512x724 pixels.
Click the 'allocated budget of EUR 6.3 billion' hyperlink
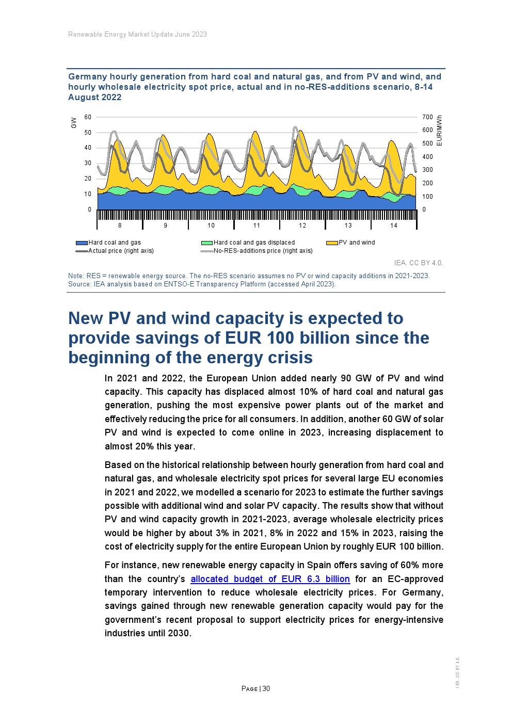tap(270, 579)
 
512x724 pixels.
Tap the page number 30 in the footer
tap(266, 688)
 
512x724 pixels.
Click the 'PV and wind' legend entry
tap(357, 243)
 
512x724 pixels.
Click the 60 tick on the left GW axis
tap(88, 117)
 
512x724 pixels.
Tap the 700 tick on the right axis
tap(427, 117)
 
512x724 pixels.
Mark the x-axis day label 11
tap(257, 226)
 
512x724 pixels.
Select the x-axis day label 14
tap(394, 226)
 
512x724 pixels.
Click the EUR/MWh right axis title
tap(439, 130)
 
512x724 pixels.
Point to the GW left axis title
tap(74, 123)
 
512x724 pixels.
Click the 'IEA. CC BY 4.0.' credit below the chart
tap(418, 263)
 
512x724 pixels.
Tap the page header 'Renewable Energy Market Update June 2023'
tap(137, 35)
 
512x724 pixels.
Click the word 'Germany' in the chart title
tap(88, 77)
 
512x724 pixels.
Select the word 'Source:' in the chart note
tap(79, 284)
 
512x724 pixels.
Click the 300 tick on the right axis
tap(427, 170)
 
